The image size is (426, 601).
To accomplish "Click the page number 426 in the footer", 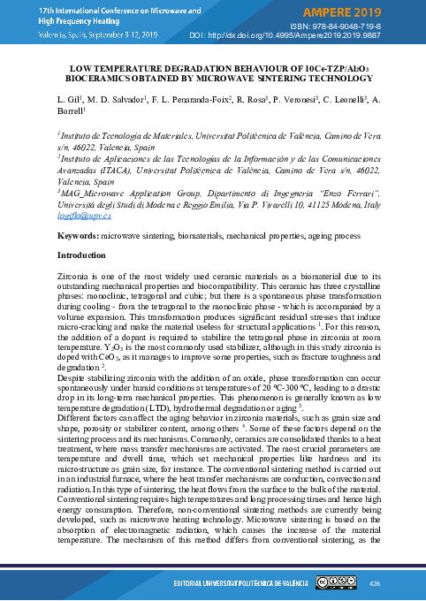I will [x=373, y=583].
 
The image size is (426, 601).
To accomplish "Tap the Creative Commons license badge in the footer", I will [x=334, y=583].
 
